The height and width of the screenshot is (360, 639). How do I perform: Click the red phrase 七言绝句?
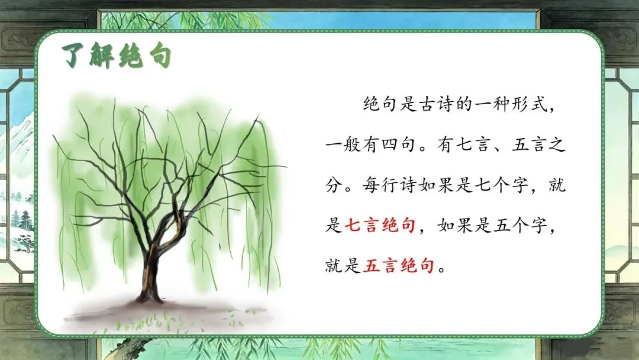(380, 226)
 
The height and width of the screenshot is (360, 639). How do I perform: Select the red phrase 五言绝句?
(398, 266)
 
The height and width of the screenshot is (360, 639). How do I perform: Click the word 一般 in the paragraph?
(343, 144)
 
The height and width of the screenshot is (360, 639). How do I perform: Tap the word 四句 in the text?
(399, 144)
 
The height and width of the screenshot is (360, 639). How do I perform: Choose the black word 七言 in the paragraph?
(473, 144)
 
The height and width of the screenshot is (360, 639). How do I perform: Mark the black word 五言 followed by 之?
(528, 144)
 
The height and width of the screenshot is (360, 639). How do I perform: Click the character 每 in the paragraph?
(371, 185)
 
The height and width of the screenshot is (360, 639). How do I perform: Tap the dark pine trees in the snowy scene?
(20, 220)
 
